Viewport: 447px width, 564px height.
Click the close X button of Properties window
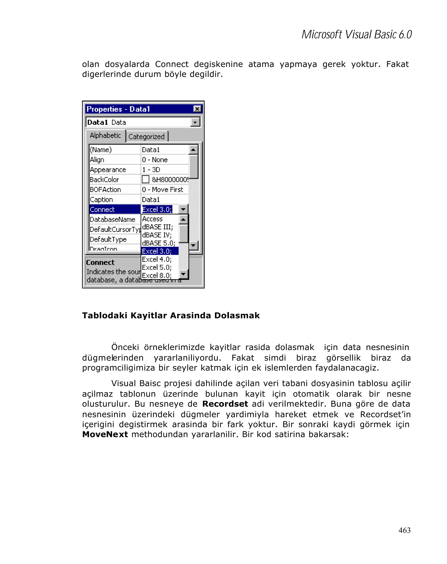197,109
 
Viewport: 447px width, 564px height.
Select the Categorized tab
146,137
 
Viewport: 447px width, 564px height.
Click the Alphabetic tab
105,136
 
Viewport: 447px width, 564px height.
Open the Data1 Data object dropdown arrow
195,122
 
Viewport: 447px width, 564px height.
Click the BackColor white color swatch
145,179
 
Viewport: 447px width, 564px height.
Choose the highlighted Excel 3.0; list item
157,251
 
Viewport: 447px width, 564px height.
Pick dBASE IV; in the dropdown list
157,235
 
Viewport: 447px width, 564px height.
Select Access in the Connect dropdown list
153,219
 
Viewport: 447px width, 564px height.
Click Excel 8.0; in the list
157,275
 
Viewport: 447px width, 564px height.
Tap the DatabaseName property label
112,220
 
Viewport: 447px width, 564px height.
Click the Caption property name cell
101,199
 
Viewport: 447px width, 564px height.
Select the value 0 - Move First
162,190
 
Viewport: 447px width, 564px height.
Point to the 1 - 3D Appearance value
151,170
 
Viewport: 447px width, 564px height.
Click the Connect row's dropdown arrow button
183,209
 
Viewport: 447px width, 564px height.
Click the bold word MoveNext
105,434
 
